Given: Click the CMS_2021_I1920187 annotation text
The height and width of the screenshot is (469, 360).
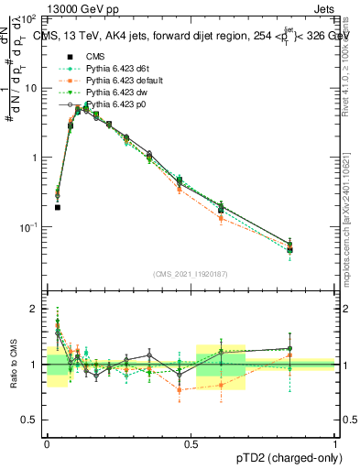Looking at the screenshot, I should [x=191, y=274].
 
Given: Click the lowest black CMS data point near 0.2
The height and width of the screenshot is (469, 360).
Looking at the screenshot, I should [x=58, y=207].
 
